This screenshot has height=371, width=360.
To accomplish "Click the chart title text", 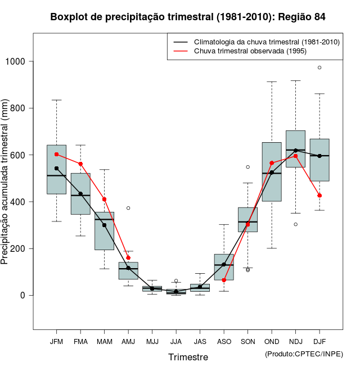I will point(188,17).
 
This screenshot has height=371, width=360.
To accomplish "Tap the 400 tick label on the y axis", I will point(21,202).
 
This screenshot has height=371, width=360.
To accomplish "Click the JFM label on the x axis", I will point(56,341).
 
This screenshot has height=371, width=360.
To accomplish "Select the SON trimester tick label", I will point(247,341).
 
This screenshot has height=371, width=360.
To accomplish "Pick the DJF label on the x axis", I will point(319,341).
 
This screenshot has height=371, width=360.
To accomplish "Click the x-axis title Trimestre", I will point(188,357).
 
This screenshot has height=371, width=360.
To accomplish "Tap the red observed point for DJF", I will point(319,196).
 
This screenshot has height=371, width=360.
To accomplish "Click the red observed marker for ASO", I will point(224,280).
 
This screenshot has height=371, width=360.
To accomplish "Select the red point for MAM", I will point(104,199).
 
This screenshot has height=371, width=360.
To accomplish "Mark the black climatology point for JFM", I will point(56,168).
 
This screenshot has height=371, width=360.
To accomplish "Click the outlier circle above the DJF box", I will point(319,67).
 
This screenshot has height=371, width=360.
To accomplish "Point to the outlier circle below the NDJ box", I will point(295,224).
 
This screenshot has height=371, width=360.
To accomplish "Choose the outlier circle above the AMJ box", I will point(128,208).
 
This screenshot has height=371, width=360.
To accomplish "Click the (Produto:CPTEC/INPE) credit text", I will point(304,354).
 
